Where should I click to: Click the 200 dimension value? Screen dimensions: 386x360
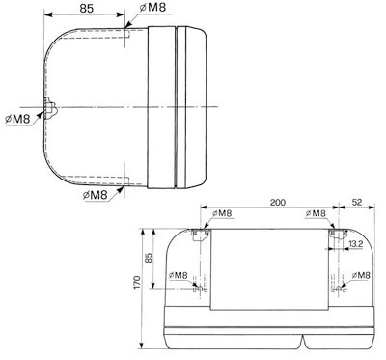pos(278,203)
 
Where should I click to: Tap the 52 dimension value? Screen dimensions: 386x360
pos(357,202)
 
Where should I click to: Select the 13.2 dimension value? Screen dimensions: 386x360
pos(355,244)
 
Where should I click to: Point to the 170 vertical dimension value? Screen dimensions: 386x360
pos(137,282)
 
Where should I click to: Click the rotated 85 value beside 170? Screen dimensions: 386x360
pos(149,258)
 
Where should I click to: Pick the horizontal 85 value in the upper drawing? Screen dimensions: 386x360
pos(87,9)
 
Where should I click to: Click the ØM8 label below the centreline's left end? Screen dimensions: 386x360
pos(17,119)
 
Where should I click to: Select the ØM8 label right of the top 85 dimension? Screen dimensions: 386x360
pos(152,8)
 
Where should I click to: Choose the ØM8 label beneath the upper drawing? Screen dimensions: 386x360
pos(95,195)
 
